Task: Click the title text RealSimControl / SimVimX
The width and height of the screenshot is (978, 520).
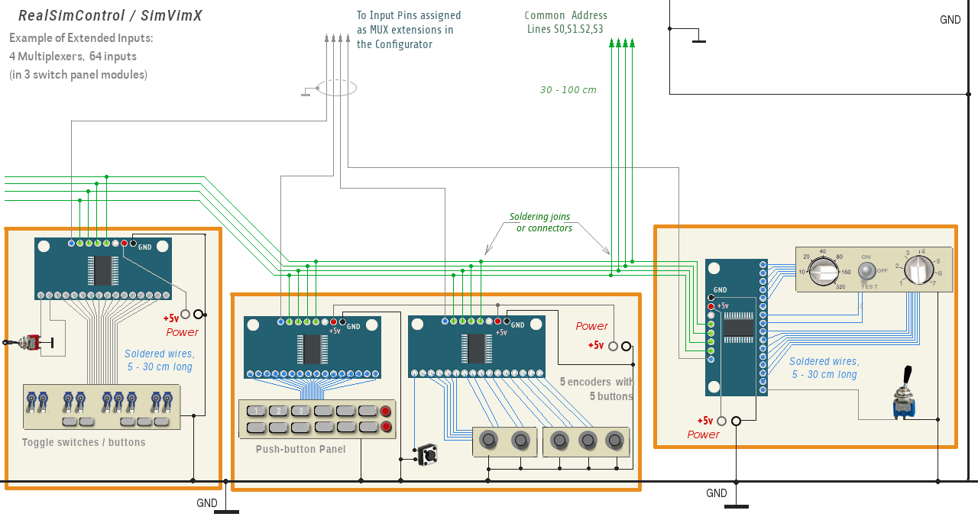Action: click(x=110, y=16)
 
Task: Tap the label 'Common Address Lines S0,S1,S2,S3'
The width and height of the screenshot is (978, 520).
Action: click(x=565, y=22)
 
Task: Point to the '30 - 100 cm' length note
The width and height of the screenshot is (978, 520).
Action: click(x=568, y=90)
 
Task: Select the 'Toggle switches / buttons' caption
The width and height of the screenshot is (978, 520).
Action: click(x=83, y=442)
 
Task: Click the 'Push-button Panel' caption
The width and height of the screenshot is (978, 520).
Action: click(x=300, y=449)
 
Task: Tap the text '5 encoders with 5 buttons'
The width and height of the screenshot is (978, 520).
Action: click(x=597, y=389)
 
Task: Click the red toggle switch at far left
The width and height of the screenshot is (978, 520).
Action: click(x=31, y=343)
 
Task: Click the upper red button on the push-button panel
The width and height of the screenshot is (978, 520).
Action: click(x=386, y=411)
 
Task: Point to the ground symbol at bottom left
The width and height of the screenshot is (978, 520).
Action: click(x=226, y=511)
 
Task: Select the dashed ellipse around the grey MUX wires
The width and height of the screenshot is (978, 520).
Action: click(x=336, y=89)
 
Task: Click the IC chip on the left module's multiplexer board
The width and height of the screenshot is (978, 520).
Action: click(x=102, y=270)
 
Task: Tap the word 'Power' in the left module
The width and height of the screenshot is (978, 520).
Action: click(x=182, y=332)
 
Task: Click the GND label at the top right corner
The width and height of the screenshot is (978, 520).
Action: click(x=950, y=20)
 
